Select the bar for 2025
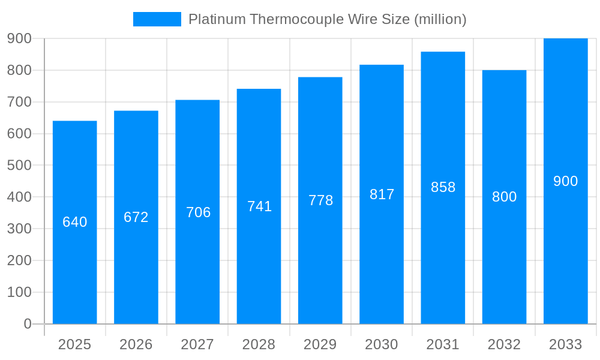pyautogui.click(x=75, y=270)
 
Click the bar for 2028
pyautogui.click(x=259, y=270)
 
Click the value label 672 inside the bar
pyautogui.click(x=136, y=217)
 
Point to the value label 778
pyautogui.click(x=320, y=200)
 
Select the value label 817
pyautogui.click(x=382, y=194)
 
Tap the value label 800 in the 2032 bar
pyautogui.click(x=504, y=197)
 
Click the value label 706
pyautogui.click(x=198, y=212)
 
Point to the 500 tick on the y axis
pyautogui.click(x=19, y=165)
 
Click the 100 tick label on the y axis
pyautogui.click(x=19, y=292)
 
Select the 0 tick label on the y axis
pyautogui.click(x=27, y=324)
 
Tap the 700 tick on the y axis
pyautogui.click(x=19, y=102)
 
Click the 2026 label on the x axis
pyautogui.click(x=136, y=344)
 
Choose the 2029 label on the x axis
pyautogui.click(x=320, y=344)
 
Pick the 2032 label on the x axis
pyautogui.click(x=504, y=344)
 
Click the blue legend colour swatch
pyautogui.click(x=157, y=19)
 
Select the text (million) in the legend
pyautogui.click(x=440, y=19)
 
